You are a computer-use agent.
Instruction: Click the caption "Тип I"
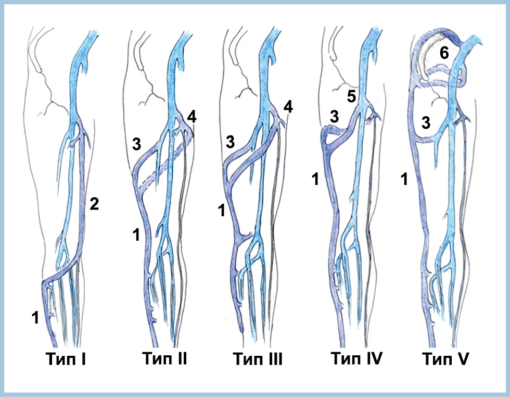click(x=66, y=359)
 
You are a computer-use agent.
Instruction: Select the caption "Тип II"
click(x=164, y=358)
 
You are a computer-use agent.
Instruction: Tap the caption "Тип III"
click(x=258, y=359)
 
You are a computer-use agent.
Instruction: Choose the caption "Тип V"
click(x=445, y=359)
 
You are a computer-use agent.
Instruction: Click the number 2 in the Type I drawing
click(x=94, y=204)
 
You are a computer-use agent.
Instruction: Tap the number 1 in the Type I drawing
click(x=35, y=317)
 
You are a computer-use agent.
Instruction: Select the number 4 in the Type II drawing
click(x=192, y=117)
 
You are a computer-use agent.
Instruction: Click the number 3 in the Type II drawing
click(x=136, y=144)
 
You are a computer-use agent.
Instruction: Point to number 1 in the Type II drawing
click(x=136, y=234)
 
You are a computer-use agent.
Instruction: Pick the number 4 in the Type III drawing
click(x=288, y=106)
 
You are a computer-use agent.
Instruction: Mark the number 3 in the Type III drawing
click(x=230, y=142)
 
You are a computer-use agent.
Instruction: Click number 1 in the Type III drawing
click(x=222, y=210)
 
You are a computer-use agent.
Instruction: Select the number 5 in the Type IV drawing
click(x=351, y=96)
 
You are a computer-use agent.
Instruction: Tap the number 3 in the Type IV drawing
click(x=334, y=117)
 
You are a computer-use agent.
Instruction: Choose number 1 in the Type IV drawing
click(x=315, y=179)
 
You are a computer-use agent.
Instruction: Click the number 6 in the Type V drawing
click(x=444, y=53)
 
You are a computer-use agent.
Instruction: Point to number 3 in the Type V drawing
click(x=426, y=123)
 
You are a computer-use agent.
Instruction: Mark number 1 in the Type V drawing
click(x=404, y=179)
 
